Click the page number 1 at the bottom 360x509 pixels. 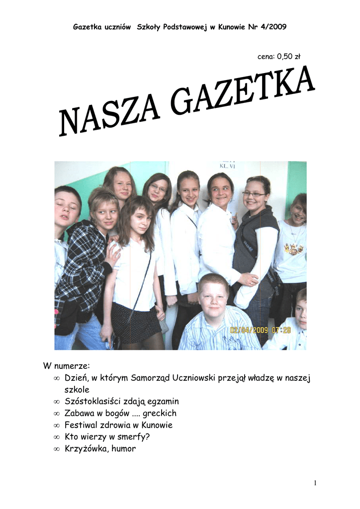[x=315, y=483]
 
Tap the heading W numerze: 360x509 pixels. [x=66, y=366]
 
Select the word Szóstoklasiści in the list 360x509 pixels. [x=93, y=401]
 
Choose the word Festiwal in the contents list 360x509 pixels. [x=81, y=425]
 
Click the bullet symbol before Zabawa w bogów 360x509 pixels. [x=56, y=414]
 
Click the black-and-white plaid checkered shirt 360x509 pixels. [x=82, y=263]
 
